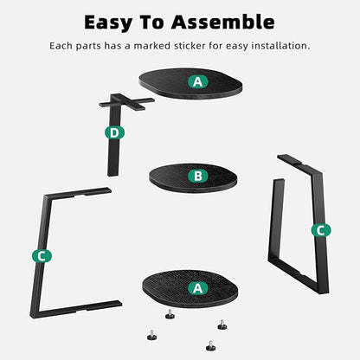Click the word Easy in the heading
click(108, 22)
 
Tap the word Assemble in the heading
click(222, 22)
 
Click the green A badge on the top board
click(198, 82)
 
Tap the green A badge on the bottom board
click(198, 288)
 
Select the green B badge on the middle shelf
click(198, 176)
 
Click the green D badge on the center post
click(114, 133)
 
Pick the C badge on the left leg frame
click(42, 256)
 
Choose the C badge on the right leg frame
click(321, 230)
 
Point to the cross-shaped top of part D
click(126, 102)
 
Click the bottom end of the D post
click(113, 174)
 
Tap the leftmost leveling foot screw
click(151, 335)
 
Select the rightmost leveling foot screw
click(222, 325)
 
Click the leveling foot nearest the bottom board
click(170, 314)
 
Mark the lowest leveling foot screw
click(211, 346)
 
